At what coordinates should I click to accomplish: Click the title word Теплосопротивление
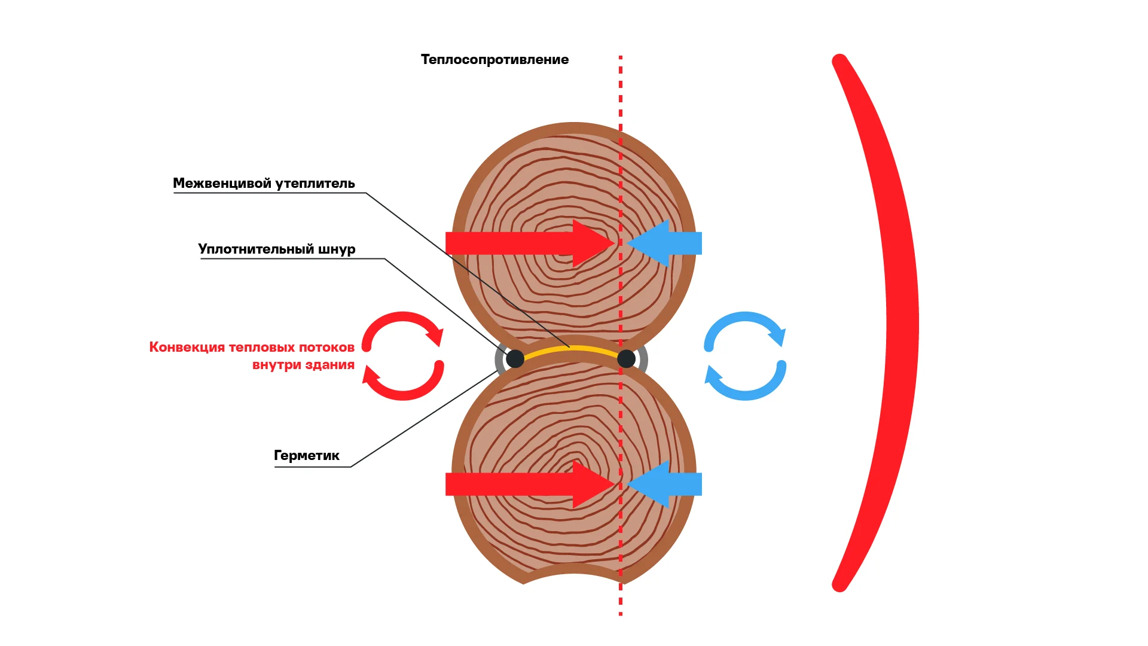(494, 60)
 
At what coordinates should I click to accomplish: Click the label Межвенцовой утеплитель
(264, 184)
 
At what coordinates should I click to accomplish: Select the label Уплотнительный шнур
(277, 249)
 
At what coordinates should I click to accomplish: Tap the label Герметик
(306, 456)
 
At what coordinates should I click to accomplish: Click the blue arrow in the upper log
(667, 243)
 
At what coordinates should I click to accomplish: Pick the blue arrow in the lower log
(667, 484)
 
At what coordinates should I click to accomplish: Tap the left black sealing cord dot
(515, 359)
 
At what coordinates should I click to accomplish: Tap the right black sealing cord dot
(626, 359)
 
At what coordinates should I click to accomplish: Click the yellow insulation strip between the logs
(571, 349)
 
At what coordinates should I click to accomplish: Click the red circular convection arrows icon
(403, 356)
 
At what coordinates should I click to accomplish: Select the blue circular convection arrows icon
(745, 356)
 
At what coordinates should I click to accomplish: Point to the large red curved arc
(900, 323)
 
